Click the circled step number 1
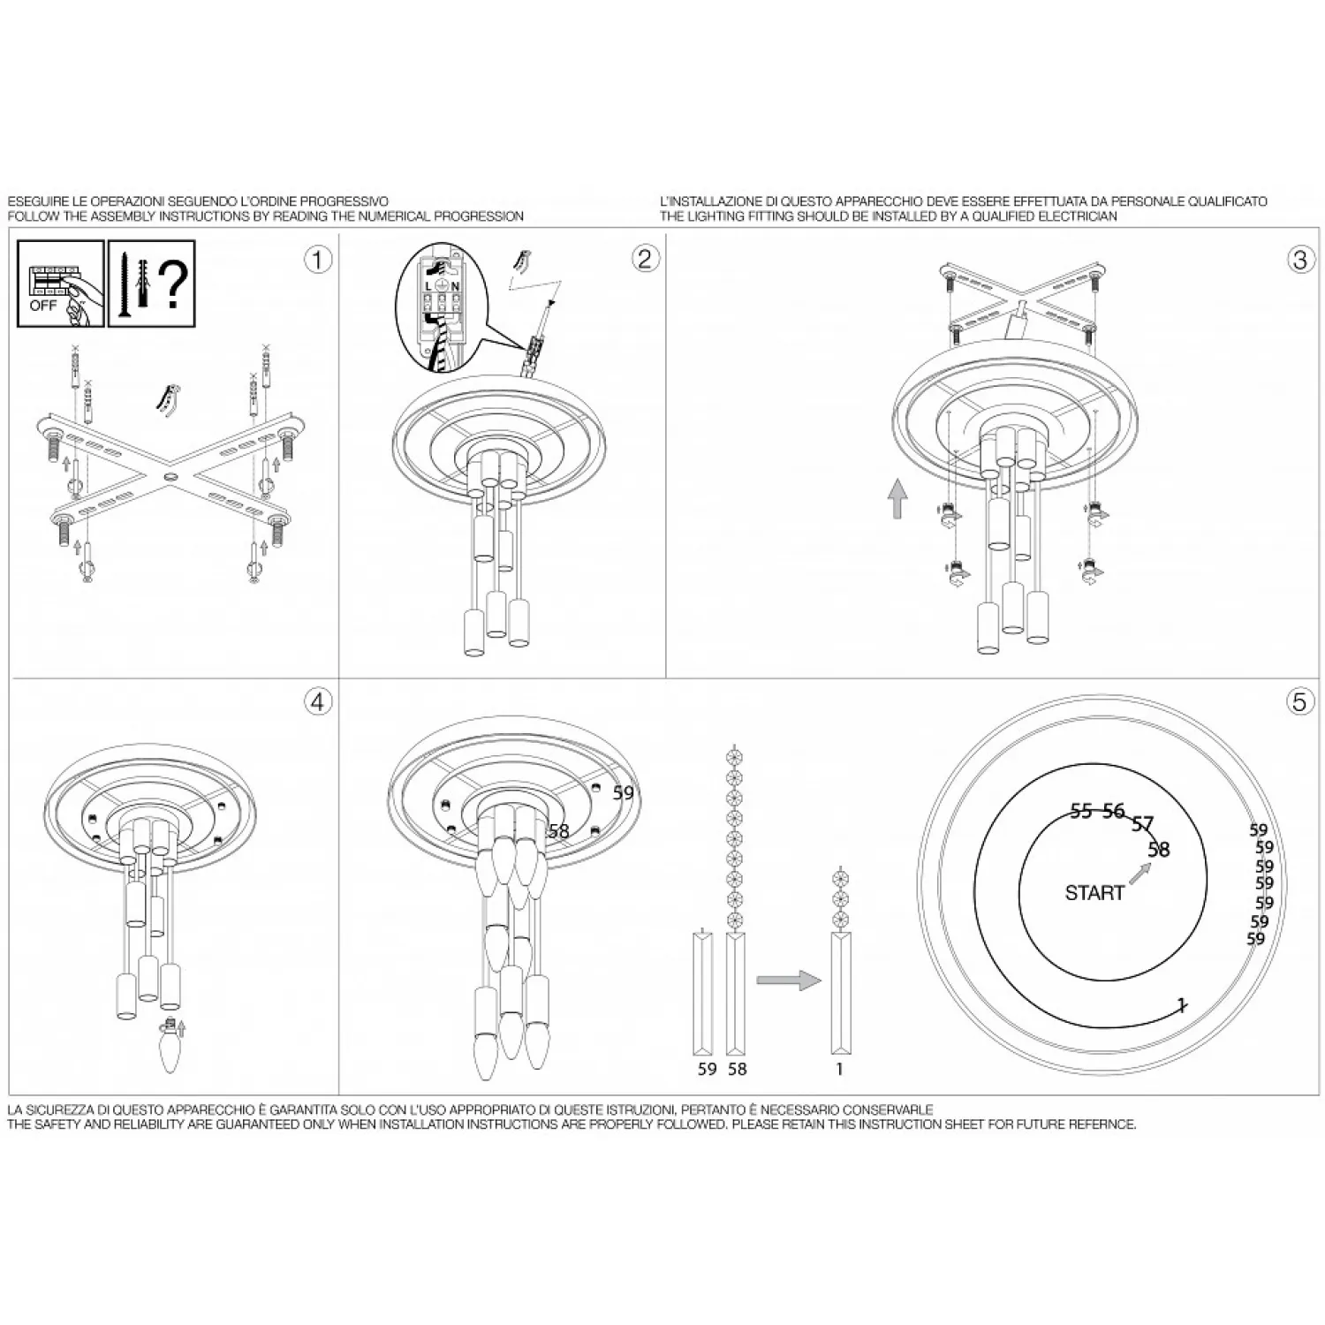coord(317,260)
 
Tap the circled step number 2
coord(645,258)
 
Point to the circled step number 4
coord(318,702)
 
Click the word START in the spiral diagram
coord(1094,893)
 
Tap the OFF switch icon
coord(61,284)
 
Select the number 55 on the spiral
coord(1081,812)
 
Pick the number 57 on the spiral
coord(1143,825)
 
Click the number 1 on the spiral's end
coord(1182,1005)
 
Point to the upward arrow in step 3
coord(897,499)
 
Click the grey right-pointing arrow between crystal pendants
coord(789,980)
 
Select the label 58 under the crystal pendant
coord(738,1069)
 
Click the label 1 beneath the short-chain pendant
coord(839,1069)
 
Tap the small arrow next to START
coord(1140,873)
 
